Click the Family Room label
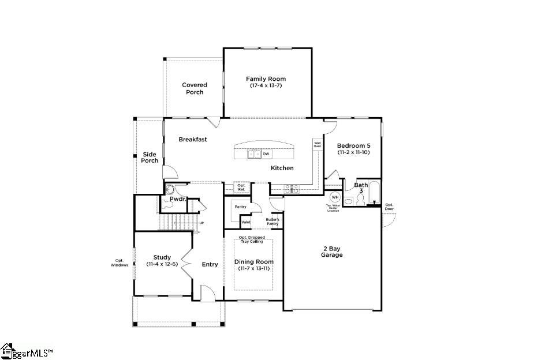pos(266,79)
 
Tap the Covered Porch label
pos(195,89)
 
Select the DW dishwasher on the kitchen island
pos(266,154)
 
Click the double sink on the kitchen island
pos(253,154)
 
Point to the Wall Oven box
pos(318,144)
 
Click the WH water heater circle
pos(334,197)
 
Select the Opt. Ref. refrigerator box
pos(242,187)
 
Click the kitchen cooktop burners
pos(291,187)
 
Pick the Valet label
pos(246,222)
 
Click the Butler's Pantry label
pos(273,222)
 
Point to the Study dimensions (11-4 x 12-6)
pos(162,264)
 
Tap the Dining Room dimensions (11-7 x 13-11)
pos(253,268)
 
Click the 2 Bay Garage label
pos(332,252)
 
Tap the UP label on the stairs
pos(201,223)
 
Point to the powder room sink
pos(170,189)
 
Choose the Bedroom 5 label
pos(353,146)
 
